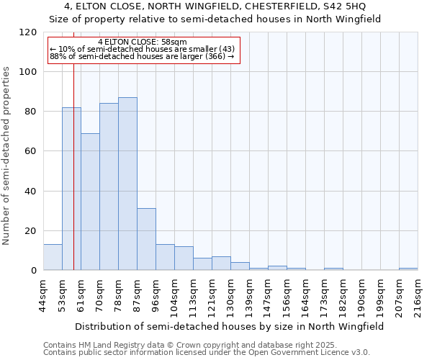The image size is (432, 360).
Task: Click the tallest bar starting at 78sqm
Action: pos(127,184)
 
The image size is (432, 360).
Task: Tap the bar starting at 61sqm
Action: pos(90,202)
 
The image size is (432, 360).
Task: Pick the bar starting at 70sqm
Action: pos(109,186)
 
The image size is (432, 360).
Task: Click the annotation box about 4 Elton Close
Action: pos(143,49)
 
